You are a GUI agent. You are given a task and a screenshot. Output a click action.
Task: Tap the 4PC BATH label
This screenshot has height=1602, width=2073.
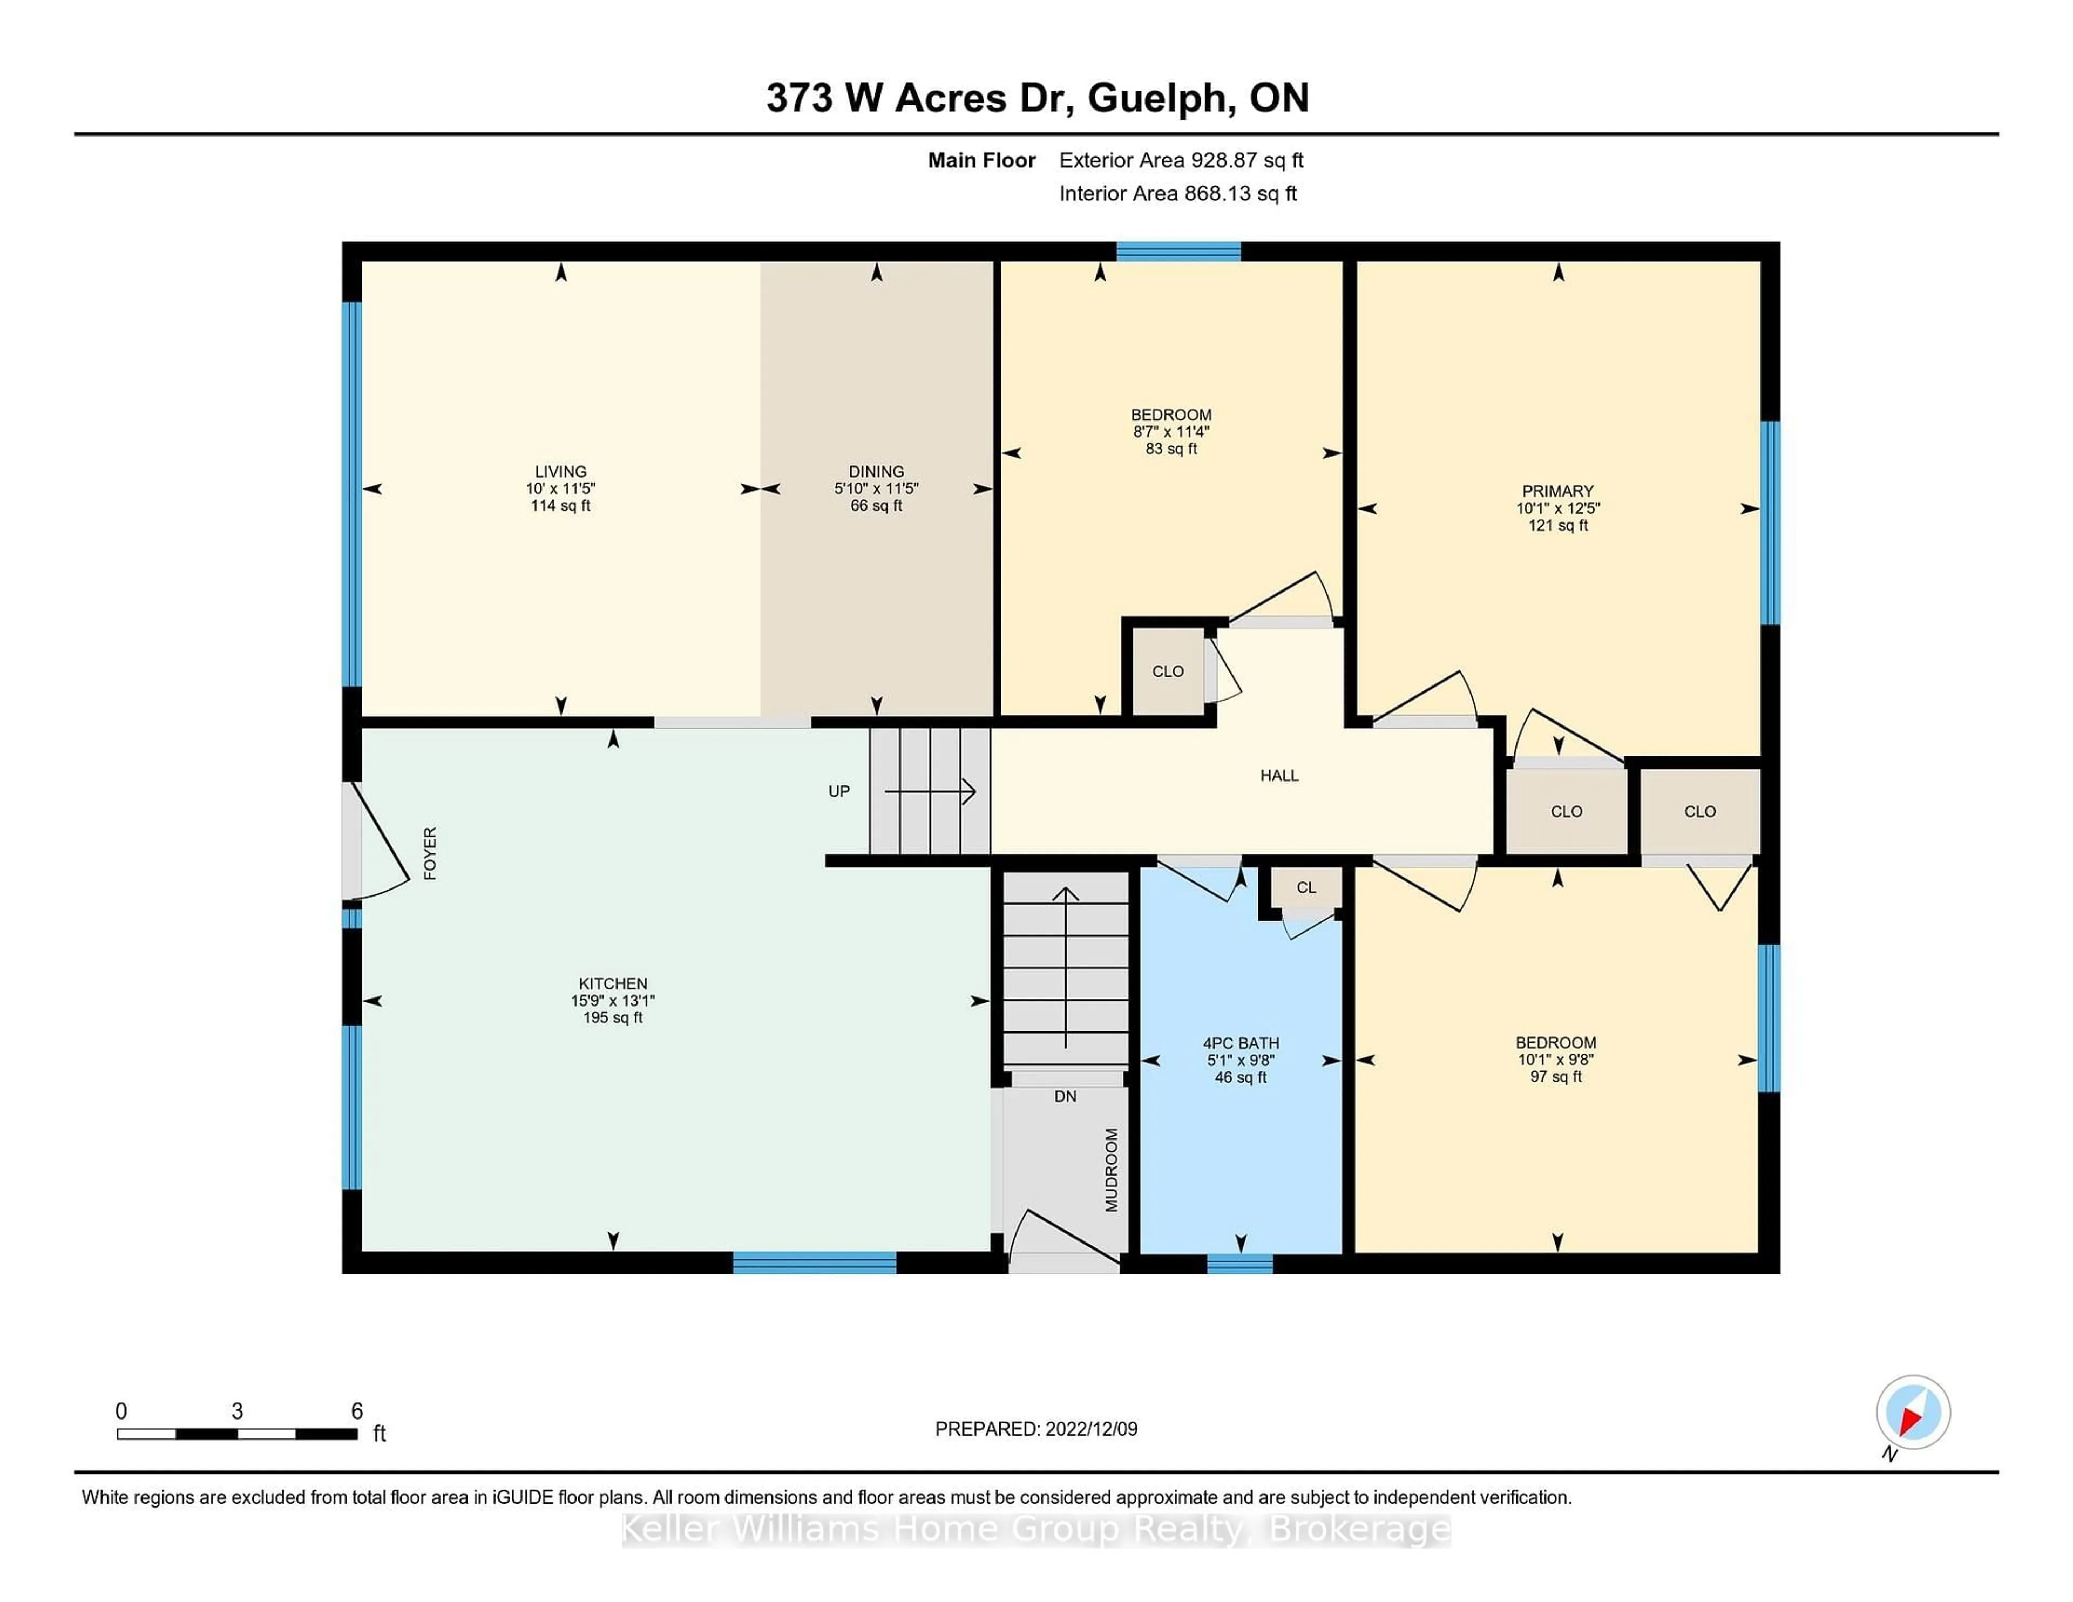coord(1241,1042)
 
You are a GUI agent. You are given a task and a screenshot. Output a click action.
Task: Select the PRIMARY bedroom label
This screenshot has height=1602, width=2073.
coord(1557,491)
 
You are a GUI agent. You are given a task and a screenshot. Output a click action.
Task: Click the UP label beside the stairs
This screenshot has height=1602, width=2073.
coord(838,791)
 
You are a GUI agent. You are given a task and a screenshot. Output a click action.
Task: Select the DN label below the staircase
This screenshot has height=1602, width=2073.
coord(1065,1096)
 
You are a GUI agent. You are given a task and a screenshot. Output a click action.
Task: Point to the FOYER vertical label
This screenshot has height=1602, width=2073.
coord(430,853)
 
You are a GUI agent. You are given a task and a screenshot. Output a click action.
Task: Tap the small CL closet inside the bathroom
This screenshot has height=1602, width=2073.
coord(1306,887)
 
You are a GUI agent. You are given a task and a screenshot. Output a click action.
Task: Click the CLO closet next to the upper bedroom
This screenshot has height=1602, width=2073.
coord(1168,671)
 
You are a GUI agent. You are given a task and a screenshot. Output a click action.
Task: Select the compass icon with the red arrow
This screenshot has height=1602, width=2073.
coord(1913,1412)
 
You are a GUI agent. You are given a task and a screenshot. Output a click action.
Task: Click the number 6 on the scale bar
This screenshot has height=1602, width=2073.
coord(357,1411)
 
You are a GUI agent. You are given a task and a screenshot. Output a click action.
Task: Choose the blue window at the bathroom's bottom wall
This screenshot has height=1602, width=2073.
coord(1239,1263)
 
